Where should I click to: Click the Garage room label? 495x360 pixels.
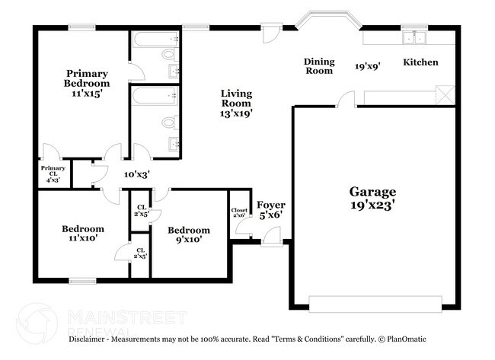coord(372,192)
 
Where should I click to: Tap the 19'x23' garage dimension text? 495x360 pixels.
coord(372,205)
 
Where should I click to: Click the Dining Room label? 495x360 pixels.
coord(319,66)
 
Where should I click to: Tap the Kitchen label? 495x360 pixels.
coord(420,62)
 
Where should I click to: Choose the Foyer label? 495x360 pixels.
coord(270,205)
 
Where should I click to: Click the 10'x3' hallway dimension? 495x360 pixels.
coord(137,174)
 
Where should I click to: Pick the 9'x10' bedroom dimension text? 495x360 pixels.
coord(188,241)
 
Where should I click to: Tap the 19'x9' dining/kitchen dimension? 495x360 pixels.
coord(367,66)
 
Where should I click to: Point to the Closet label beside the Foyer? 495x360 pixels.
coord(239,212)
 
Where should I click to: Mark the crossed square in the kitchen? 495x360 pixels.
coord(445,96)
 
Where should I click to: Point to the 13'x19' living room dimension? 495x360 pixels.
coord(236,113)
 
